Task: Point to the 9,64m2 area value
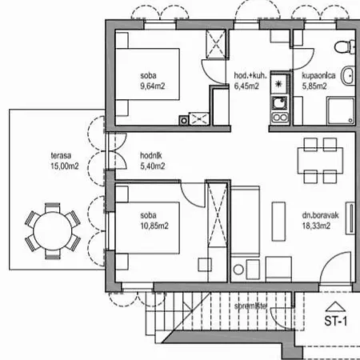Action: coord(150,87)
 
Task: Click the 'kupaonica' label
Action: coord(318,78)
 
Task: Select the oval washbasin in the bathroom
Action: coord(348,77)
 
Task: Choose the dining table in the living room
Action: coord(317,160)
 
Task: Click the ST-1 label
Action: coord(334,323)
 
